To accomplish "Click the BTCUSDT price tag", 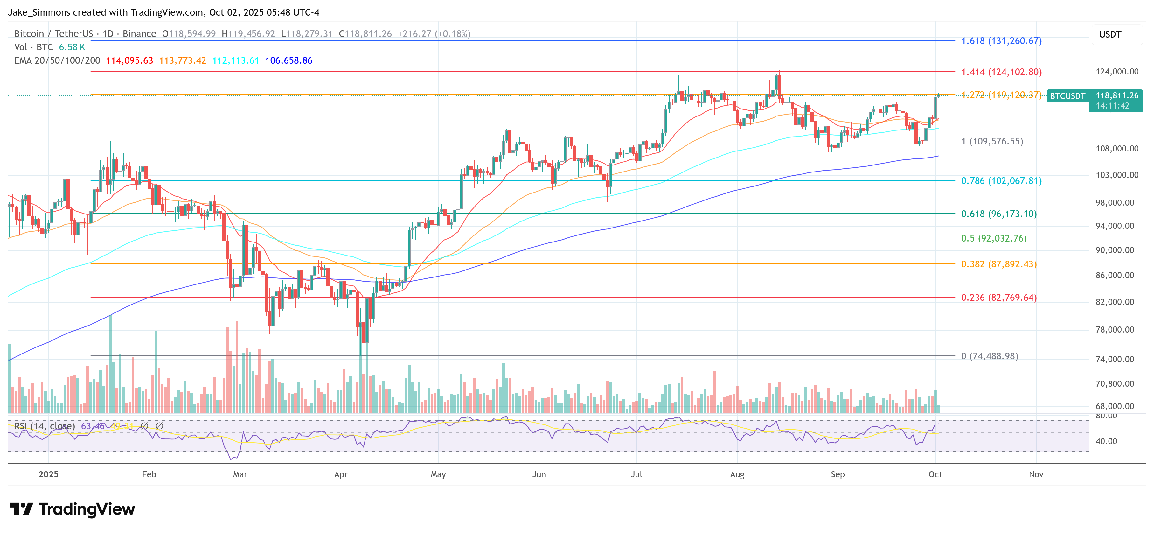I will point(1067,96).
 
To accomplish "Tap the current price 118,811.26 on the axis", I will point(1117,95).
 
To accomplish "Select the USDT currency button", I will point(1110,34).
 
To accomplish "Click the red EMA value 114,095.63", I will point(129,60).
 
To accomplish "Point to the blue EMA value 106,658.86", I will point(288,60).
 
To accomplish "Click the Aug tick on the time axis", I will point(737,474).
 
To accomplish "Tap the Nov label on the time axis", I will point(1036,474).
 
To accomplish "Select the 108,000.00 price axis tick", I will point(1117,148).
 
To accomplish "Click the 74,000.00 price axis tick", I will point(1117,359).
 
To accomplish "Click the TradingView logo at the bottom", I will point(72,509).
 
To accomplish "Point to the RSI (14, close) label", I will point(44,426).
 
